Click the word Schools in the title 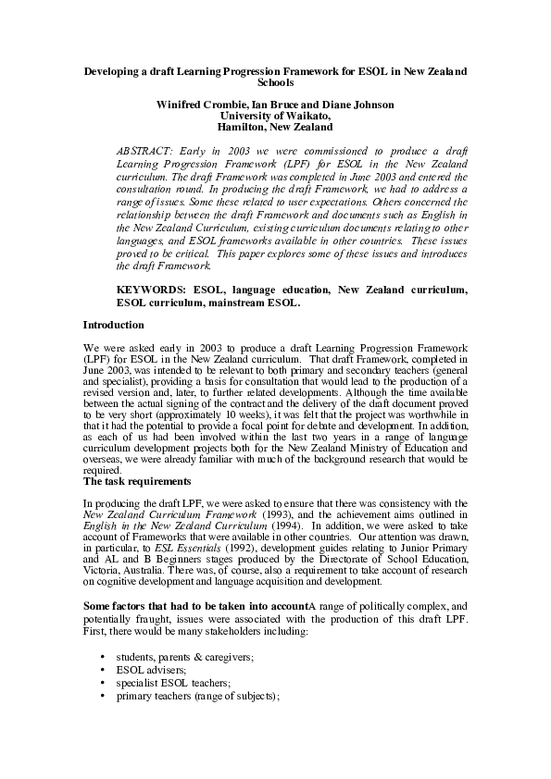(275, 82)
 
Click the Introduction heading (113, 325)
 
